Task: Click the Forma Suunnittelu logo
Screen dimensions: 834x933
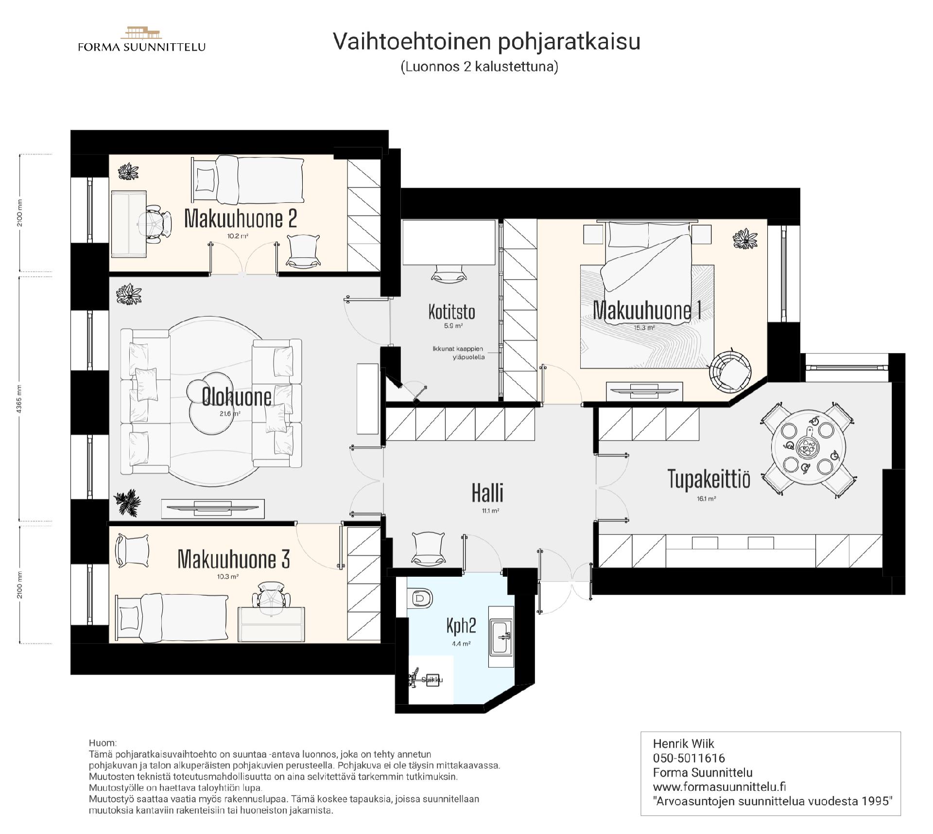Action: (141, 40)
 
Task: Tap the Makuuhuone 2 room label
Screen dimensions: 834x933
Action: (240, 219)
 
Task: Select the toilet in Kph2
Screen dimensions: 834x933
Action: (420, 598)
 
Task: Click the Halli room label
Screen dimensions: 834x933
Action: (487, 493)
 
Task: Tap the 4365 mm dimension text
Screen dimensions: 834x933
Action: (20, 399)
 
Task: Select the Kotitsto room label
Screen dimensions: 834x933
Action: (451, 312)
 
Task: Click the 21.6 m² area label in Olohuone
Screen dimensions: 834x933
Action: (229, 414)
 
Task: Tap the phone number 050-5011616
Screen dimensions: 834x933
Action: (689, 758)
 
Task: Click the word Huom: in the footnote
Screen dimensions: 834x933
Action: (103, 743)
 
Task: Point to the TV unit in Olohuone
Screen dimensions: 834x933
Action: (213, 508)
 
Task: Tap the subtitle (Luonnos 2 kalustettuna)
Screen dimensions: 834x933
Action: (479, 67)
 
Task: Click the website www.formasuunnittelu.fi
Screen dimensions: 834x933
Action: (719, 786)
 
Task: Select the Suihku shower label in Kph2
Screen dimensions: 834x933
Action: (432, 680)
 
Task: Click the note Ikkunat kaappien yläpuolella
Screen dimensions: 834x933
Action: (458, 353)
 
